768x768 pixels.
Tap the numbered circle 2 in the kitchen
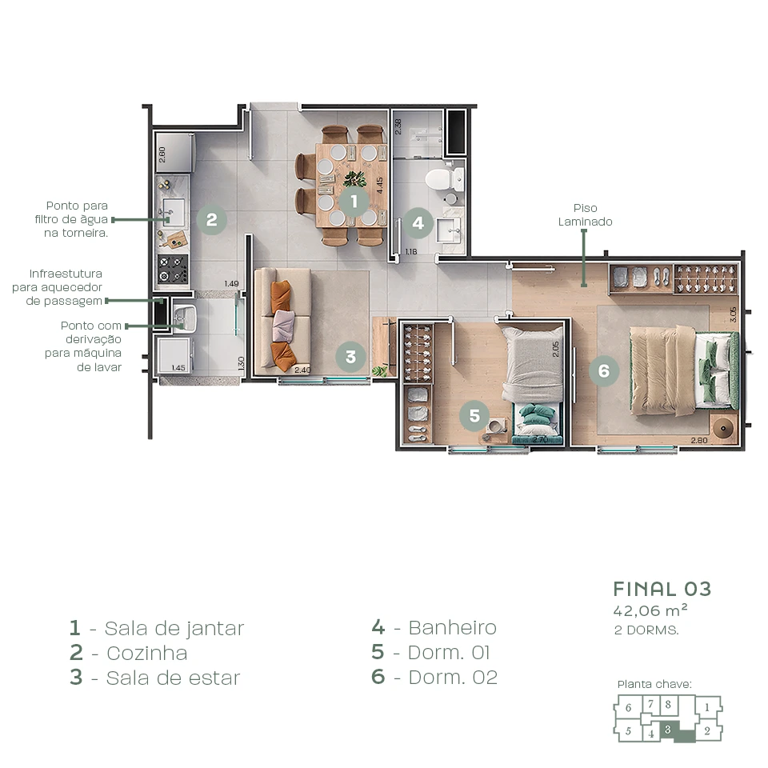[211, 219]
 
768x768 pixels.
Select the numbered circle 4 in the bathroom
[418, 223]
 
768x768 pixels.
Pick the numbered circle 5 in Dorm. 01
[474, 415]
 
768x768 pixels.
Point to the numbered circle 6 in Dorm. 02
[604, 370]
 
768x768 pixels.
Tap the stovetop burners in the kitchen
[173, 269]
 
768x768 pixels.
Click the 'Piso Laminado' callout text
[585, 215]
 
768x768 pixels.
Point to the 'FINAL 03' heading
[662, 589]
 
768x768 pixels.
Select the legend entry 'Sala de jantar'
[157, 628]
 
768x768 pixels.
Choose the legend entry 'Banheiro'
[434, 628]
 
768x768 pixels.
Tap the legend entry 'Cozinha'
[129, 653]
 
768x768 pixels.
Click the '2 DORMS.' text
[646, 630]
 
